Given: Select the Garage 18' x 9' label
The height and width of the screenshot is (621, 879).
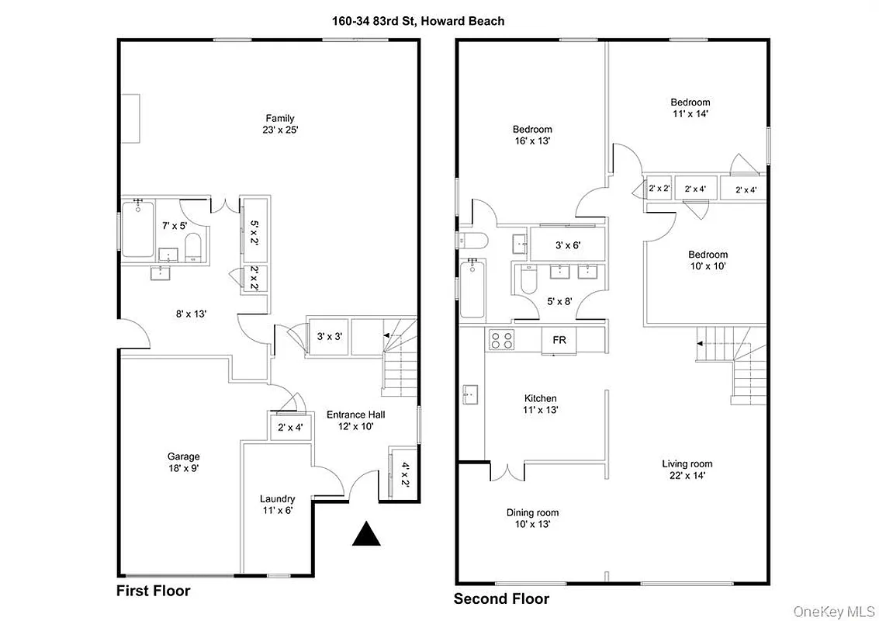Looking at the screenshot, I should click(x=183, y=463).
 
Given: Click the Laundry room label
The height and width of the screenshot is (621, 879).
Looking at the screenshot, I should click(x=277, y=505).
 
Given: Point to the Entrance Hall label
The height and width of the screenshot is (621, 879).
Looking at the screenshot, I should click(x=355, y=420).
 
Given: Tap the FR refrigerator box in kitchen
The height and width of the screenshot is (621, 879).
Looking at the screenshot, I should click(x=559, y=340).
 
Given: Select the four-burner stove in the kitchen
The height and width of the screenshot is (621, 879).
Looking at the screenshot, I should click(x=500, y=339).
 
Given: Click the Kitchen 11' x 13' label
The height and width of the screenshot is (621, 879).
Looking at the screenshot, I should click(x=542, y=404).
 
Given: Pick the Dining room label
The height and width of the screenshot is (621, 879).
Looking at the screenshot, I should click(x=532, y=518).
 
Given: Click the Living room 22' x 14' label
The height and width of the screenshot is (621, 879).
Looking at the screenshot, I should click(x=687, y=470).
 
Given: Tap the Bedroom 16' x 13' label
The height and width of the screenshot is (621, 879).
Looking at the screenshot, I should click(x=532, y=135).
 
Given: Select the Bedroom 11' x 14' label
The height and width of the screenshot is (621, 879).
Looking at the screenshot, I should click(x=690, y=107).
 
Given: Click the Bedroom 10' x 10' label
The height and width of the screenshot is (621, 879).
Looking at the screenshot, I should click(x=708, y=260).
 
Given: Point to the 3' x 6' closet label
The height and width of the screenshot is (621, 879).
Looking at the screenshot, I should click(x=567, y=245).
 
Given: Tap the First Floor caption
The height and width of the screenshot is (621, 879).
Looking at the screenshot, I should click(x=153, y=591).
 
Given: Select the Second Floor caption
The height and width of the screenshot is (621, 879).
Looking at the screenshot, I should click(x=501, y=598).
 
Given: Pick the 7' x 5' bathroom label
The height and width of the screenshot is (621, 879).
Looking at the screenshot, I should click(x=175, y=225).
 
